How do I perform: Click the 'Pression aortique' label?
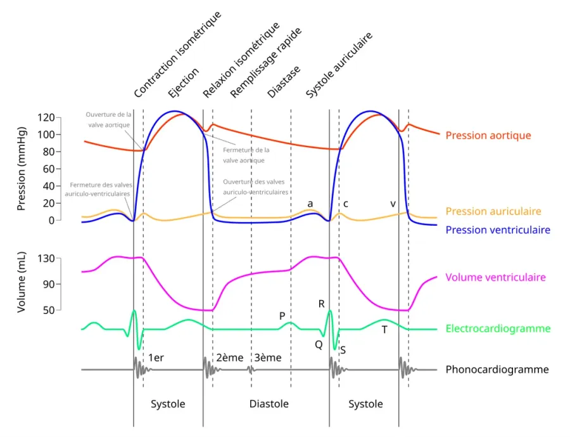(x=488, y=136)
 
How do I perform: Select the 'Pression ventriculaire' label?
(x=498, y=230)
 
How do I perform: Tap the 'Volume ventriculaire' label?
(x=495, y=277)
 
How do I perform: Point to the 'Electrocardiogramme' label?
(x=498, y=329)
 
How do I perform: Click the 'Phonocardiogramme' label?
(x=497, y=369)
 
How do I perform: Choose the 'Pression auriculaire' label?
(x=493, y=211)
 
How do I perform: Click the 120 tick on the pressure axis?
(x=46, y=117)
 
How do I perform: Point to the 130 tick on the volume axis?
(x=46, y=259)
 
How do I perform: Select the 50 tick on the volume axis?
(x=49, y=310)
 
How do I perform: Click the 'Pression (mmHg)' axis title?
(x=22, y=169)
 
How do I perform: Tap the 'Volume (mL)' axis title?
(x=22, y=282)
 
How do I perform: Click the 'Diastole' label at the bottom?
(x=269, y=404)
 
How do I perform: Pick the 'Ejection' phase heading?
(x=184, y=82)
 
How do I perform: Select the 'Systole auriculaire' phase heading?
(x=339, y=65)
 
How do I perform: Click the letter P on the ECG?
(x=282, y=316)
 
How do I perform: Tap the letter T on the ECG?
(x=384, y=330)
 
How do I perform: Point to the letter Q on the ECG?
(x=319, y=344)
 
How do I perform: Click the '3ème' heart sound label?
(x=268, y=358)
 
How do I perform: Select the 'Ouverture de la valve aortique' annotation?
(x=108, y=120)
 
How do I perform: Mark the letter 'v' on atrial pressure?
(x=393, y=204)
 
